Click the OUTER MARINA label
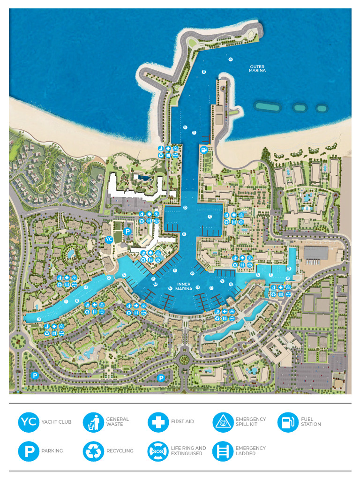[x=257, y=69]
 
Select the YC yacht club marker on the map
[x=109, y=240]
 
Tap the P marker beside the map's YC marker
[x=127, y=232]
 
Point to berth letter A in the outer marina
[x=230, y=60]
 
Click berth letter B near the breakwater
[x=204, y=72]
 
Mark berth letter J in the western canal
[x=39, y=319]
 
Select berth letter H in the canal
[x=86, y=287]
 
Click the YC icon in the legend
[x=29, y=422]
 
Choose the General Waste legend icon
[x=93, y=422]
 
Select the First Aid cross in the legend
[x=158, y=422]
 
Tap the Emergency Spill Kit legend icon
[x=223, y=422]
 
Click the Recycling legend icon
[x=93, y=451]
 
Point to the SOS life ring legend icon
[x=158, y=451]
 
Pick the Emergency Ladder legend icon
[x=223, y=451]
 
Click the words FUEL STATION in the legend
[x=311, y=422]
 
